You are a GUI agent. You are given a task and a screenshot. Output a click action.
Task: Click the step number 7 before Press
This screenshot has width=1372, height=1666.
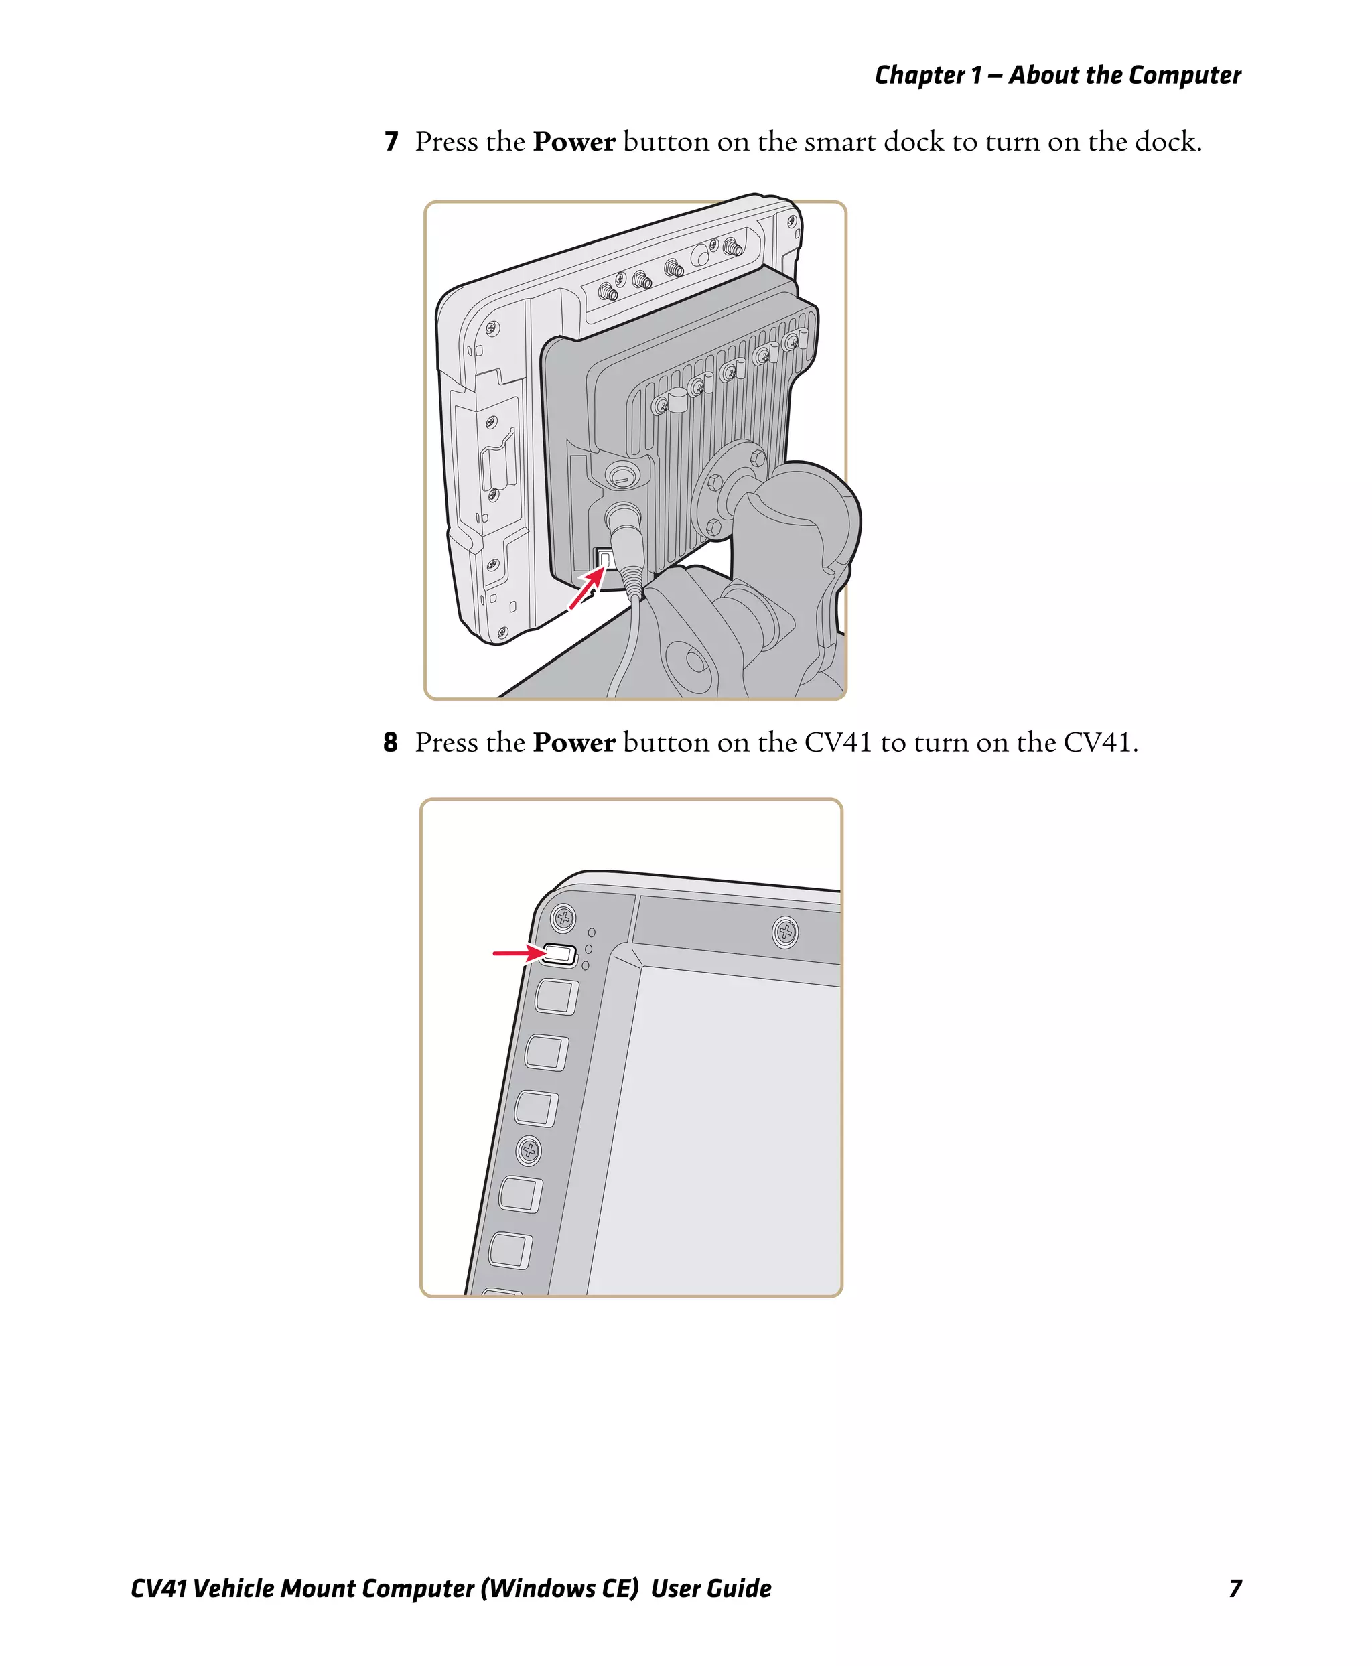click(391, 142)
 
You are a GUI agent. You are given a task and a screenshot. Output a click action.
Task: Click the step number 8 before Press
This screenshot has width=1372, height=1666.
click(391, 743)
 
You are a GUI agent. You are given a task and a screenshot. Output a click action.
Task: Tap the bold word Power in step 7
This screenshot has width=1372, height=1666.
click(573, 142)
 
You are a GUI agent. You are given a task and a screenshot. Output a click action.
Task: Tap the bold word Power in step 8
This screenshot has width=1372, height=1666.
click(573, 743)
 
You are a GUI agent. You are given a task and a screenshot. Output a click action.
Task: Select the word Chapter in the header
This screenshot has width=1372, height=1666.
click(920, 75)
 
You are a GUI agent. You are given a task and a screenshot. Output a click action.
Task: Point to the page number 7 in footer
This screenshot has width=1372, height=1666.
click(1235, 1588)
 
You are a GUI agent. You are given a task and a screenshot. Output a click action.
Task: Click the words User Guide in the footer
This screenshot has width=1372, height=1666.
click(711, 1588)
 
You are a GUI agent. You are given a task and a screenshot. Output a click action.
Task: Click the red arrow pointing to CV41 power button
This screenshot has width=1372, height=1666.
click(518, 953)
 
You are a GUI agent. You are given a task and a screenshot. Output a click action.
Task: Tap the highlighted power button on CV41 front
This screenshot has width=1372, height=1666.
click(559, 954)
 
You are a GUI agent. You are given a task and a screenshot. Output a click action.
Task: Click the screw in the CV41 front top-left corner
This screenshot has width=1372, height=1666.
click(563, 918)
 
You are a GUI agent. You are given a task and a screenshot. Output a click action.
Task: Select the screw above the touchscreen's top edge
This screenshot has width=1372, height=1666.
click(784, 932)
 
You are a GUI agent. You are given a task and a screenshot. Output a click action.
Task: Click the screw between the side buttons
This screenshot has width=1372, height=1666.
click(529, 1151)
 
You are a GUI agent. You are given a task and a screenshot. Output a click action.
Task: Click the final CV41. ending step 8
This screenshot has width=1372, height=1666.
click(1100, 743)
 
